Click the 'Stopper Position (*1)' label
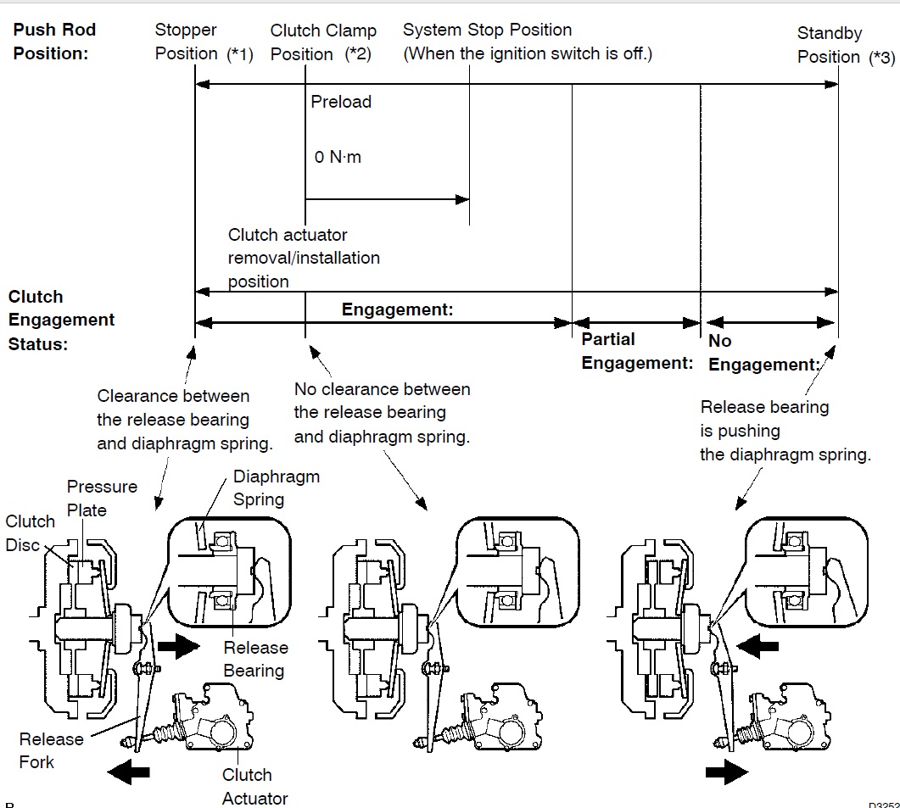pyautogui.click(x=204, y=42)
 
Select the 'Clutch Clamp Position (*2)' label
pyautogui.click(x=323, y=42)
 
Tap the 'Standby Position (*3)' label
pyautogui.click(x=845, y=46)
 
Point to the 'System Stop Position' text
pyautogui.click(x=487, y=31)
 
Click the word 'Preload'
pyautogui.click(x=341, y=102)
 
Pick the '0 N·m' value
pyautogui.click(x=338, y=157)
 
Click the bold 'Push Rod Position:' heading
pyautogui.click(x=54, y=42)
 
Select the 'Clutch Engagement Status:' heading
pyautogui.click(x=61, y=320)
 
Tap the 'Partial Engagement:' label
pyautogui.click(x=636, y=351)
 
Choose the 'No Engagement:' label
pyautogui.click(x=763, y=353)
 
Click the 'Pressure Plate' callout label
pyautogui.click(x=102, y=498)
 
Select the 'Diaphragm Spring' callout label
pyautogui.click(x=276, y=488)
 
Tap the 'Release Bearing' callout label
pyautogui.click(x=254, y=659)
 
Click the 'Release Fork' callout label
pyautogui.click(x=51, y=750)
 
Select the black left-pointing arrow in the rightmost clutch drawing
pyautogui.click(x=758, y=646)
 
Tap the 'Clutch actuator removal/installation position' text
pyautogui.click(x=304, y=258)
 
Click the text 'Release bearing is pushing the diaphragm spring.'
pyautogui.click(x=784, y=431)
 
